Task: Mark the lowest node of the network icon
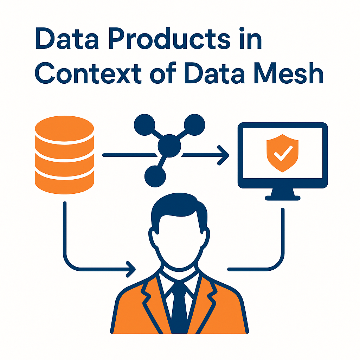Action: pos(155,174)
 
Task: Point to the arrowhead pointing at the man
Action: pos(131,270)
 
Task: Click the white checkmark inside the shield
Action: pos(283,153)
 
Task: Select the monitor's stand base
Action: pos(283,198)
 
